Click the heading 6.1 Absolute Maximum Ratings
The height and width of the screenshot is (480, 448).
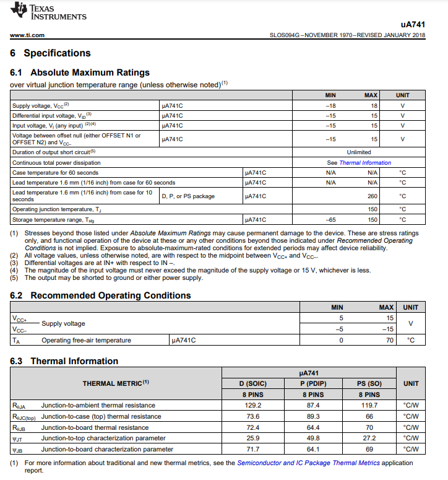coord(80,72)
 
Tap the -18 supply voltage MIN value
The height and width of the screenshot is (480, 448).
coord(330,106)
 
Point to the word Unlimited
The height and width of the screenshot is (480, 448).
coord(359,152)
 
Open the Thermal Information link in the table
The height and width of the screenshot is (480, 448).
coord(365,163)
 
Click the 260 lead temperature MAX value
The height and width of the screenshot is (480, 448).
coord(373,196)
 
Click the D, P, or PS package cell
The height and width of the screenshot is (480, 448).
coord(188,196)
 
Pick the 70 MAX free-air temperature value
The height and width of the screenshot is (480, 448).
coord(389,340)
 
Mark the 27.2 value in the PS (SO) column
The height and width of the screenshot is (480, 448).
coord(369,439)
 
